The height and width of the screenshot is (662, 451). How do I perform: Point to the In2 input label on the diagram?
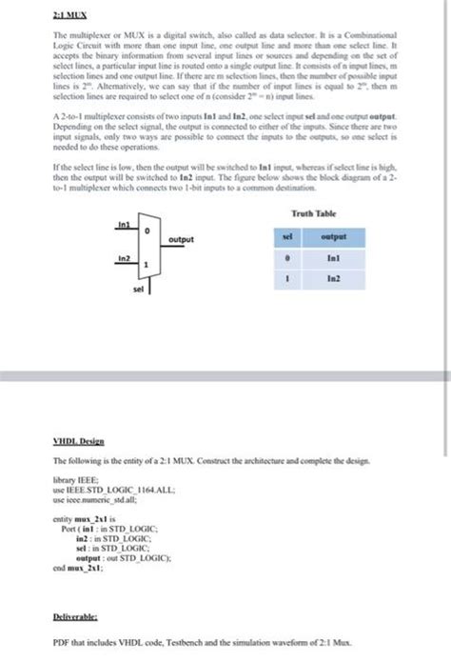[x=122, y=257]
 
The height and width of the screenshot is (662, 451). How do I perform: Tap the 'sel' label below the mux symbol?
[x=139, y=285]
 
